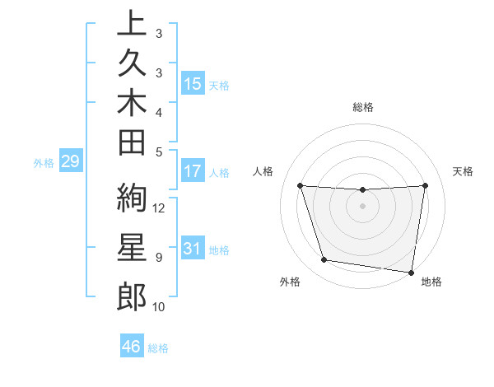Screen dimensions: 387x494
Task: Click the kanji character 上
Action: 132,25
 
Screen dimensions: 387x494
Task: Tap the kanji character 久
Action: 132,64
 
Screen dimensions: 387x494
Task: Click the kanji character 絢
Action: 132,200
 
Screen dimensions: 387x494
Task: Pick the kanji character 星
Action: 132,249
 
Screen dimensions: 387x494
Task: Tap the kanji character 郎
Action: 132,296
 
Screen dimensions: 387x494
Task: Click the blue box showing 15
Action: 193,84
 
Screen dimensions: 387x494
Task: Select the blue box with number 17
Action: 193,172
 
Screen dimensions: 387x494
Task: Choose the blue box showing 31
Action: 193,249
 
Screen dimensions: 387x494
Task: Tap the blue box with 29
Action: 70,161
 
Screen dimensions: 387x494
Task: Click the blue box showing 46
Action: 132,347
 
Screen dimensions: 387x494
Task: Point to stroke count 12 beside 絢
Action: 160,207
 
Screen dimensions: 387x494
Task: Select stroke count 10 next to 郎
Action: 160,307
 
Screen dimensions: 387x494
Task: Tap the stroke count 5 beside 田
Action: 159,152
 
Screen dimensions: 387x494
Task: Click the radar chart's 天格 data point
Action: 426,185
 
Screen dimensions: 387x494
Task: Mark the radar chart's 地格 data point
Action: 411,272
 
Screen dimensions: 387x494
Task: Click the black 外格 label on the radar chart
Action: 290,282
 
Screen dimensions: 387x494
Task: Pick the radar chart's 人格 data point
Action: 300,185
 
